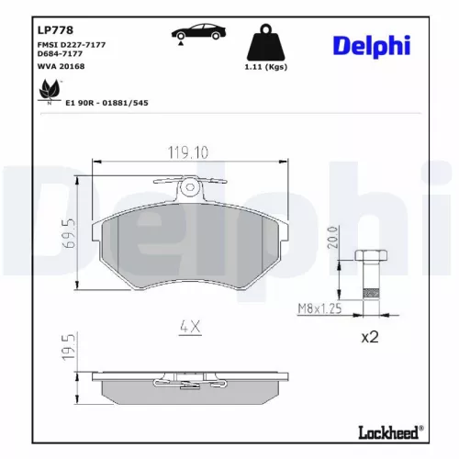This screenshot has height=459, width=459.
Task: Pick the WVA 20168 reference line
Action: [x=62, y=66]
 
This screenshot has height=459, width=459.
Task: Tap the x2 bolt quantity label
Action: [x=369, y=337]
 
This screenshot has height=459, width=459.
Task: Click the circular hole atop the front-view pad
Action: [x=190, y=187]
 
